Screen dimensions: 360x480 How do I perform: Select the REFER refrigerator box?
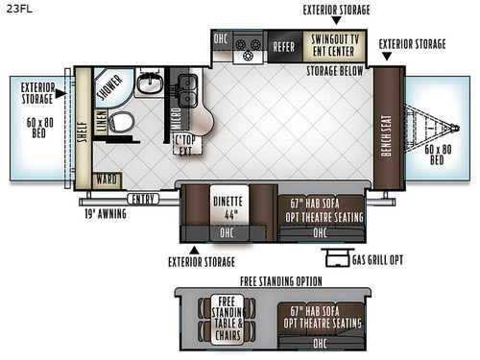coord(283,44)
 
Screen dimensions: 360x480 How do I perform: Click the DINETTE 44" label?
coord(227,208)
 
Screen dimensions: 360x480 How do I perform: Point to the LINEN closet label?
coord(100,115)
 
